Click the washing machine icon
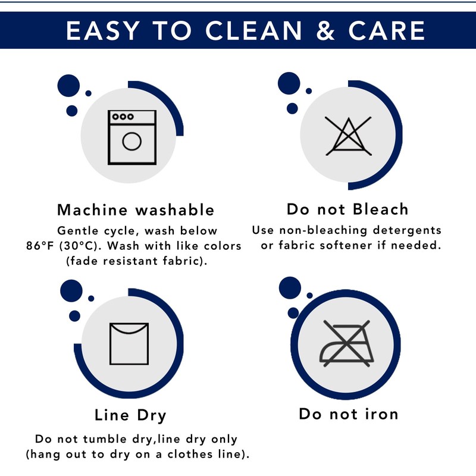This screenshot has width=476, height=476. (x=132, y=137)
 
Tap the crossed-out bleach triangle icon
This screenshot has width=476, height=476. (x=348, y=136)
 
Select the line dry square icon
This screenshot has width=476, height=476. (x=129, y=344)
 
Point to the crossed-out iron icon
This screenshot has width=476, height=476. (x=346, y=343)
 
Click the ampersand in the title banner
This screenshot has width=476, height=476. (x=325, y=30)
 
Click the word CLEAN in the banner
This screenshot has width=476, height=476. (x=254, y=30)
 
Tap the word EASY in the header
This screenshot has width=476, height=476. (x=103, y=30)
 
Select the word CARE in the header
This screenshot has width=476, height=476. (x=386, y=30)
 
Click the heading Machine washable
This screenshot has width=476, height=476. (x=136, y=210)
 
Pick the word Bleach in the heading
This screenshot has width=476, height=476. (x=381, y=209)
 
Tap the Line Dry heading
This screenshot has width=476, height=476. (x=130, y=415)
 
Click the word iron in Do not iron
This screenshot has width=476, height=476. (x=381, y=414)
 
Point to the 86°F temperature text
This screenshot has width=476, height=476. (x=40, y=246)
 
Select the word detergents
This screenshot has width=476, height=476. (x=407, y=230)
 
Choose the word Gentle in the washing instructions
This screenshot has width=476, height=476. (x=78, y=231)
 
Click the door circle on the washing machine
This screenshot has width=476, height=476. (x=131, y=142)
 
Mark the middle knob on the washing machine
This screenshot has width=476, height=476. (x=123, y=117)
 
